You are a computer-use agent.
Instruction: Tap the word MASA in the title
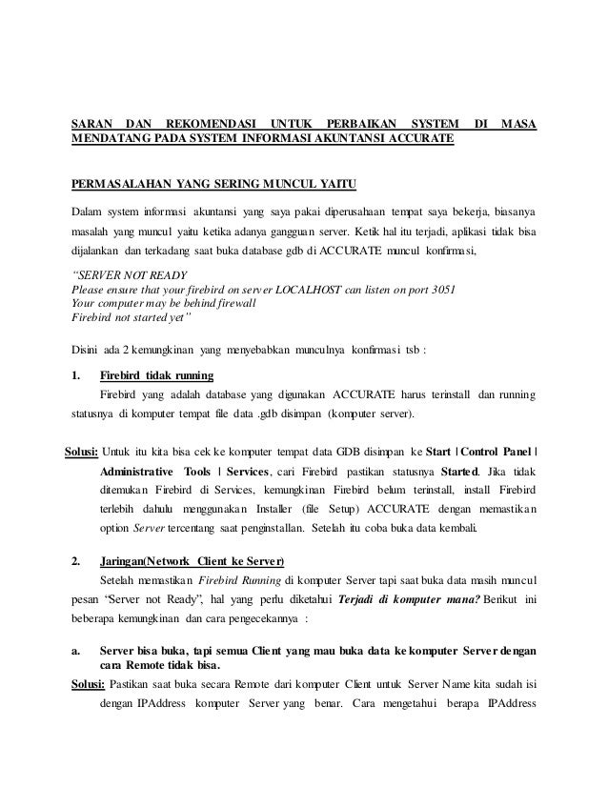point(518,124)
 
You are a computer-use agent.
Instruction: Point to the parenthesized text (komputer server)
point(371,415)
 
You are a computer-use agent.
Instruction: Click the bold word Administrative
point(136,472)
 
